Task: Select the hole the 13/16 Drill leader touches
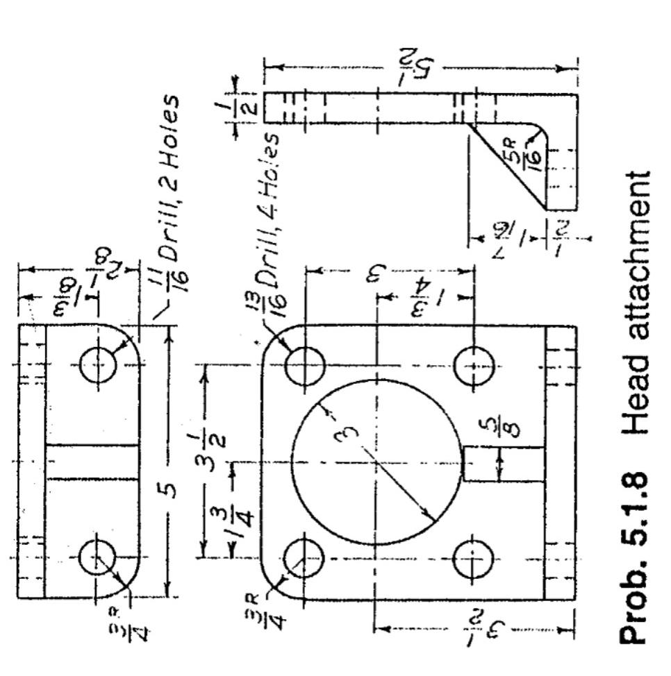click(305, 365)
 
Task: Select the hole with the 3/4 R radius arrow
click(98, 559)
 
